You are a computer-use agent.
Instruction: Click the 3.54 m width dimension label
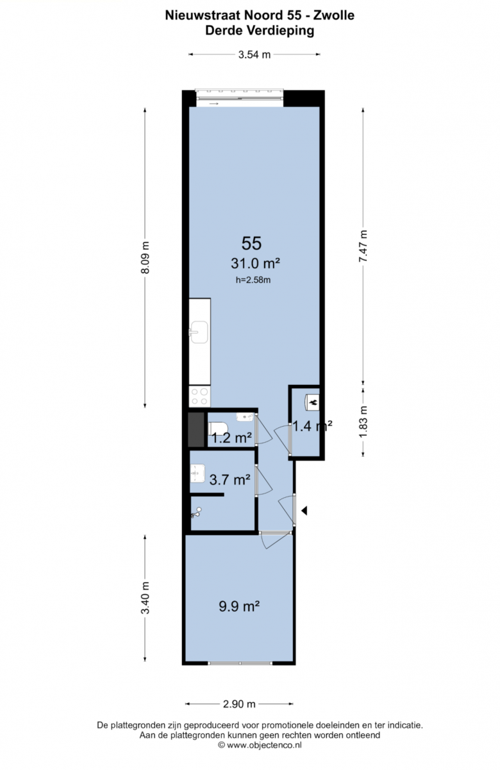tap(254, 55)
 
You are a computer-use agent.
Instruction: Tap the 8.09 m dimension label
tap(146, 257)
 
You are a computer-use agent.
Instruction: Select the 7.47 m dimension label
tap(363, 246)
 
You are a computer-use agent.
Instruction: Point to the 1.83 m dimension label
tap(363, 422)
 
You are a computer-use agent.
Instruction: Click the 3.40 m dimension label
tap(146, 598)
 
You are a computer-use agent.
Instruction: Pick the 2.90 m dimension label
tap(239, 704)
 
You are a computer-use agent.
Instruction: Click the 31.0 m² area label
tap(255, 264)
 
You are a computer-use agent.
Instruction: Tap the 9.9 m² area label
tap(239, 606)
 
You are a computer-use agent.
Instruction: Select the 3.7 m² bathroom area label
tap(229, 479)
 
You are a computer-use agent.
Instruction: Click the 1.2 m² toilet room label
tap(231, 438)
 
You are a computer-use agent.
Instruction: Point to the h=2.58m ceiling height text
tap(253, 280)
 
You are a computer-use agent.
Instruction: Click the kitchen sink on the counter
tap(199, 332)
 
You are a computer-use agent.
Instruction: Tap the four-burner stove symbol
tap(199, 396)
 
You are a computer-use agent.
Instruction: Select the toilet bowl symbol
tap(218, 429)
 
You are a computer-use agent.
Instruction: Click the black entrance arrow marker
tap(304, 511)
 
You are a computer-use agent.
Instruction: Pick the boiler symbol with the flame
tap(312, 402)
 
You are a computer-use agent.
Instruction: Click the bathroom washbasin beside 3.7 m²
tap(197, 474)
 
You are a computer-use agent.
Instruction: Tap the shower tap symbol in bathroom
tap(196, 513)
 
